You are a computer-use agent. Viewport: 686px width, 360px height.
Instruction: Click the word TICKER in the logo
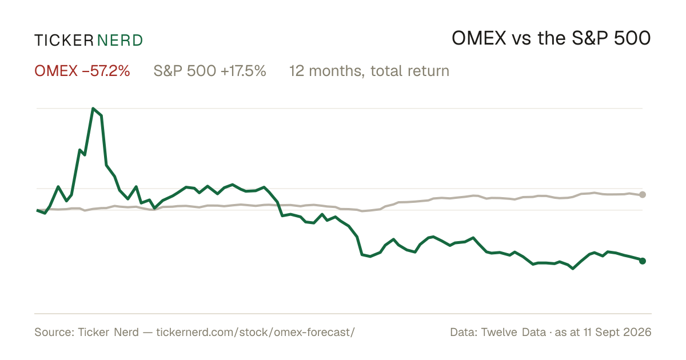pyautogui.click(x=64, y=41)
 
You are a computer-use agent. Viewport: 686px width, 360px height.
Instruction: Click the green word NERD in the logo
pyautogui.click(x=120, y=41)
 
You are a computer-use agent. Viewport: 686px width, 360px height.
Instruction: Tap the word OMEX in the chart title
pyautogui.click(x=479, y=38)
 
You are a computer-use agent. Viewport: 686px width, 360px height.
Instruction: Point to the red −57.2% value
pyautogui.click(x=106, y=71)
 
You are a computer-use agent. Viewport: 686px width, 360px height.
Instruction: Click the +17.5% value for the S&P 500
pyautogui.click(x=244, y=71)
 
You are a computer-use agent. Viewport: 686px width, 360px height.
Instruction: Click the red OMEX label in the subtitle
pyautogui.click(x=56, y=71)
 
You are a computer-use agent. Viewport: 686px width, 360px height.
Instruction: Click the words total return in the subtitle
pyautogui.click(x=410, y=71)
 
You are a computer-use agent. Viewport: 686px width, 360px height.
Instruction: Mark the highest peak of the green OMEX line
pyautogui.click(x=93, y=109)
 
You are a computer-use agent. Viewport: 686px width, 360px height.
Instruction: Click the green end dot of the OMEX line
pyautogui.click(x=643, y=261)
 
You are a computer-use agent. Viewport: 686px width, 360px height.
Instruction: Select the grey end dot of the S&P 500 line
pyautogui.click(x=643, y=194)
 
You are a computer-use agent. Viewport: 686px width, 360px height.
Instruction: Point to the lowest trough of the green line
pyautogui.click(x=573, y=269)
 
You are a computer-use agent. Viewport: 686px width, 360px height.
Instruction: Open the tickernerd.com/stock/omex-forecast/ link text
pyautogui.click(x=256, y=333)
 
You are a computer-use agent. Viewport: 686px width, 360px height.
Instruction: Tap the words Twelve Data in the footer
pyautogui.click(x=513, y=332)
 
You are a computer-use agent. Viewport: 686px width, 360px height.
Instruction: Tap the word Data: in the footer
pyautogui.click(x=464, y=332)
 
